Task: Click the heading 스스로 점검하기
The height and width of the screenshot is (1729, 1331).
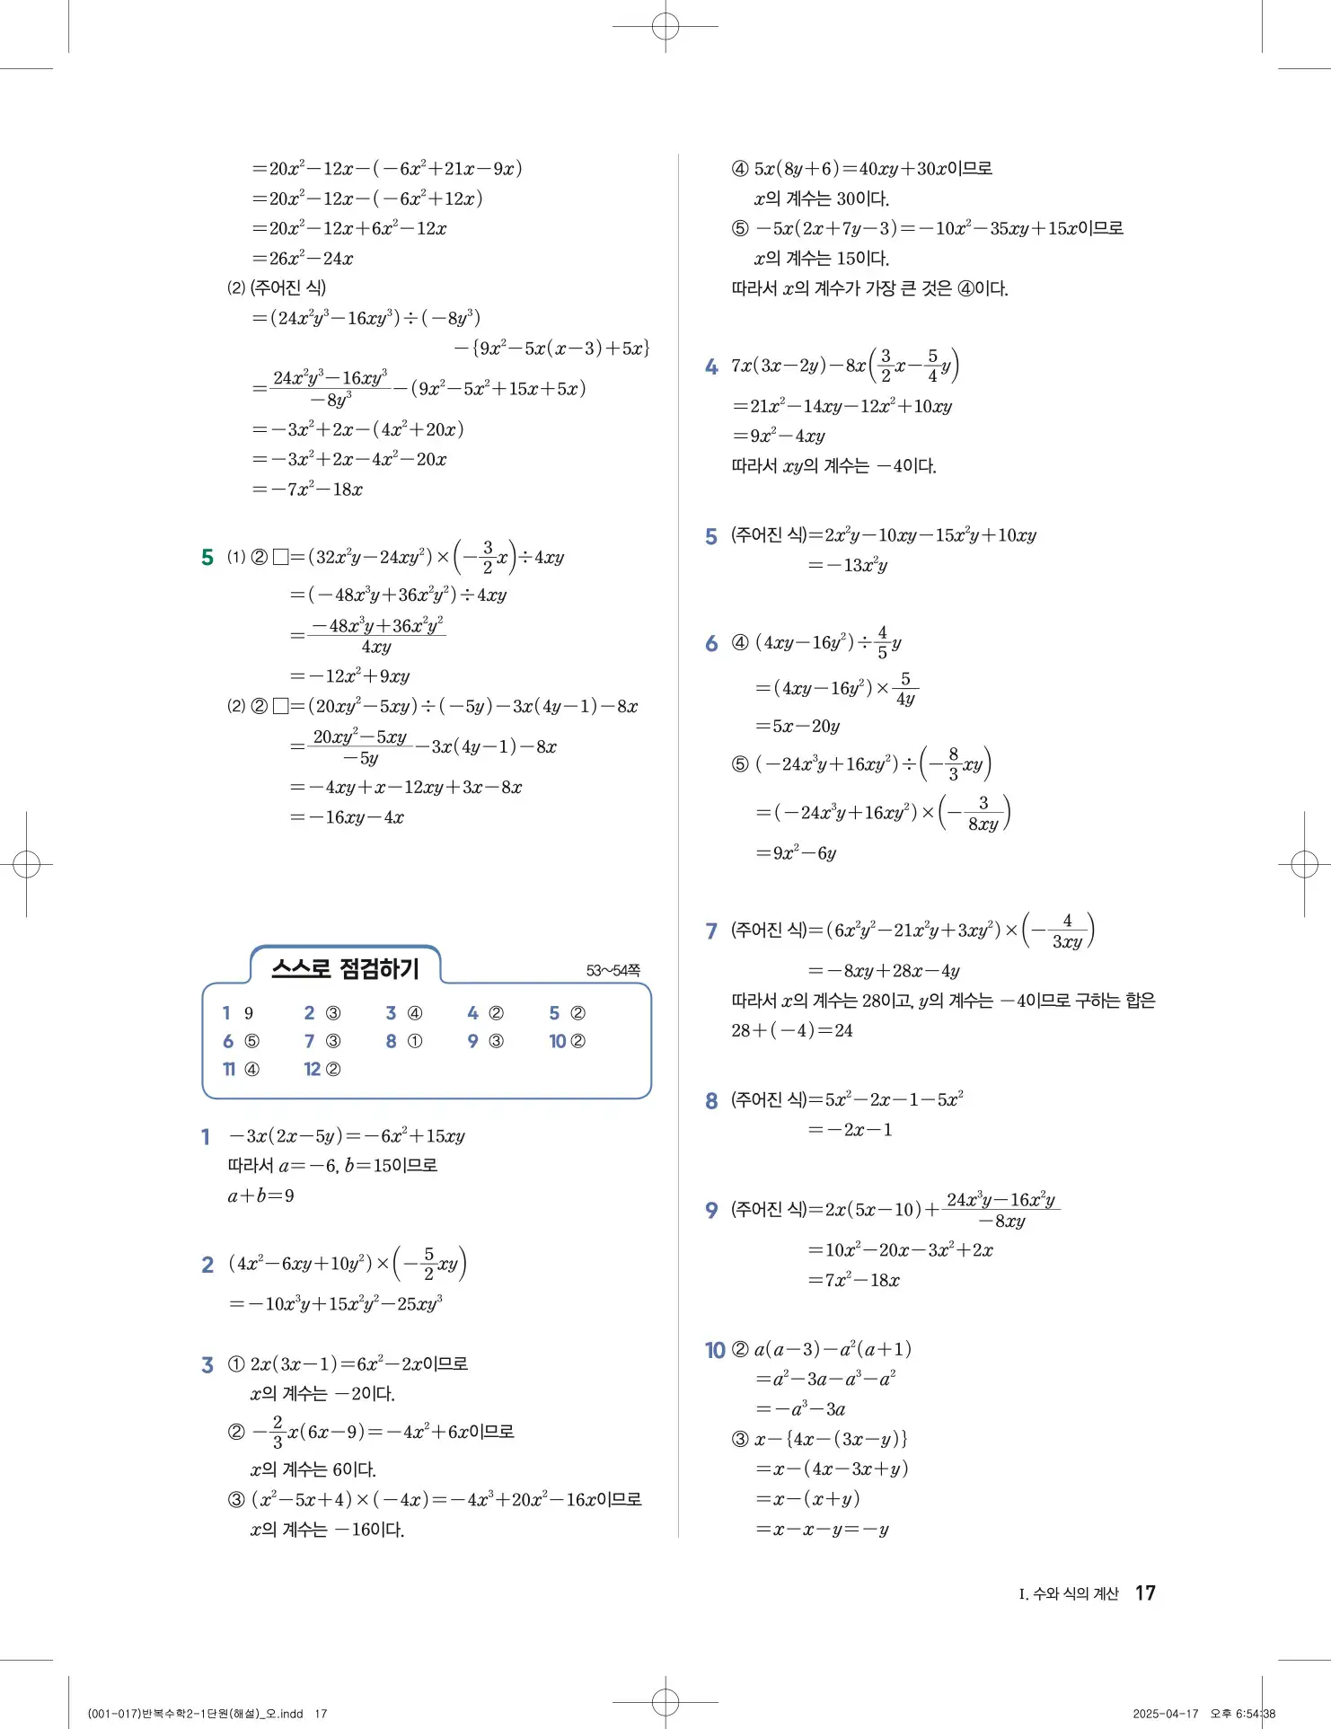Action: click(x=345, y=968)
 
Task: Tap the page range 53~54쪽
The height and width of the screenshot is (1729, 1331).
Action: click(x=613, y=971)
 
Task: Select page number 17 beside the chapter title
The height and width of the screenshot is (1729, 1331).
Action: click(x=1145, y=1592)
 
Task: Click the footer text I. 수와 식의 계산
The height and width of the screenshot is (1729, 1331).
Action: click(x=1069, y=1593)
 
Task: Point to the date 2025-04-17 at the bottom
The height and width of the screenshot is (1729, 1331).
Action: click(x=1166, y=1713)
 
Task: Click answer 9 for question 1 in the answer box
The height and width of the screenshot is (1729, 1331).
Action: click(x=249, y=1013)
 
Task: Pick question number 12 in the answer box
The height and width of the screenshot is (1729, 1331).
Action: click(x=312, y=1069)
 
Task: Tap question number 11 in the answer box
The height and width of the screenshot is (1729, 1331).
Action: click(x=229, y=1069)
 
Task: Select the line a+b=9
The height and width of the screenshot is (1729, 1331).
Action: click(x=261, y=1195)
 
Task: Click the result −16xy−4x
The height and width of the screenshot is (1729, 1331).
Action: click(x=347, y=817)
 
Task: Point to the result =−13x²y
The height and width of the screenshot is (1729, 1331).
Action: click(x=848, y=565)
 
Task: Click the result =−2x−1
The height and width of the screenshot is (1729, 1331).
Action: click(x=850, y=1129)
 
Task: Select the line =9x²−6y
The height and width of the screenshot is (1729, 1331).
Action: click(x=796, y=852)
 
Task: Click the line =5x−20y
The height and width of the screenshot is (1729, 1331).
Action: click(x=798, y=726)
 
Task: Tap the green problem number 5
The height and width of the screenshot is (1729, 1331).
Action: click(x=207, y=558)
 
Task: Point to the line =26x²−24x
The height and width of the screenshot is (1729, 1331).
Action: click(x=303, y=259)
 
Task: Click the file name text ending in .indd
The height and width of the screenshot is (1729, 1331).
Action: click(x=196, y=1714)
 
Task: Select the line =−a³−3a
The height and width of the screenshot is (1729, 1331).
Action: click(x=800, y=1408)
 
